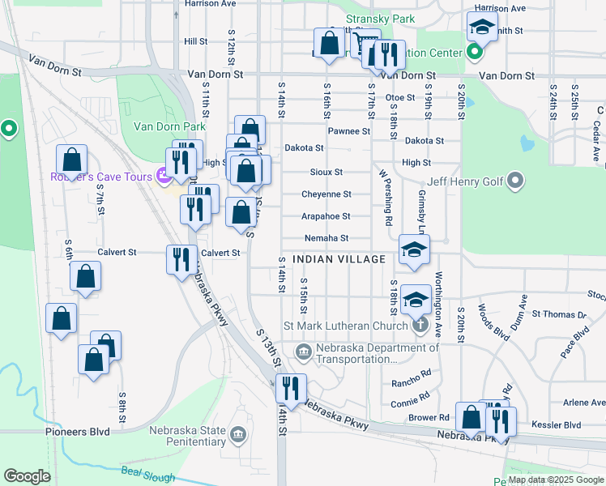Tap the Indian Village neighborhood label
click(339, 259)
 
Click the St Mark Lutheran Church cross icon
click(419, 326)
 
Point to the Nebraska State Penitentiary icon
click(238, 436)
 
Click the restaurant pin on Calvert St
click(181, 258)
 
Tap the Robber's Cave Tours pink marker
click(162, 176)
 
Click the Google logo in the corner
click(27, 476)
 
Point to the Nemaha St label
click(326, 238)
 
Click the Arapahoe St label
click(326, 216)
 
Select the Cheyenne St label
click(326, 194)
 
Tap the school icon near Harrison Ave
click(482, 28)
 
